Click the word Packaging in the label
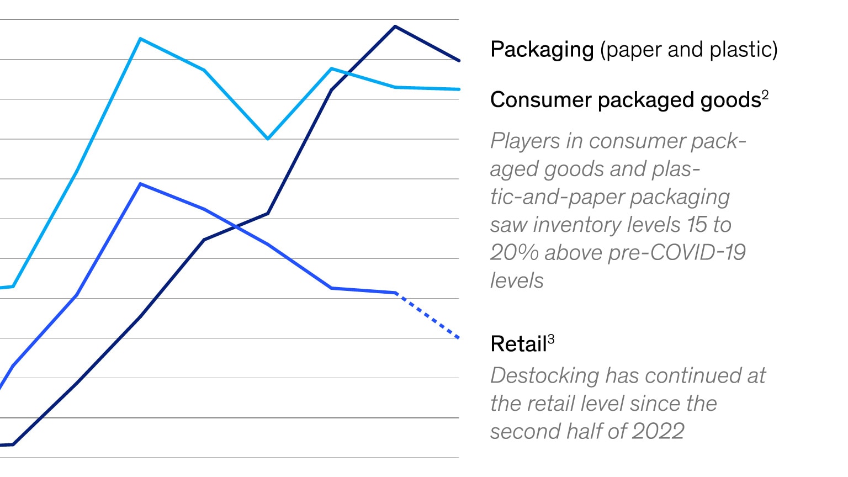(x=542, y=50)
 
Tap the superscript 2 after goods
(x=765, y=94)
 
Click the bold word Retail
(x=518, y=344)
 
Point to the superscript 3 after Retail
(x=551, y=338)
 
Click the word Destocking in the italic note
(x=544, y=376)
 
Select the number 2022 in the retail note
(x=658, y=431)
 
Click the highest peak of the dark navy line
(x=395, y=26)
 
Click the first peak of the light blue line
(x=141, y=39)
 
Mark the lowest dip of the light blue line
(x=268, y=139)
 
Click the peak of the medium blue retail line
(x=141, y=184)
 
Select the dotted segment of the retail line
(x=427, y=315)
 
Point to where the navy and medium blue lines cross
(x=236, y=226)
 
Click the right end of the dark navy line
(x=458, y=60)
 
